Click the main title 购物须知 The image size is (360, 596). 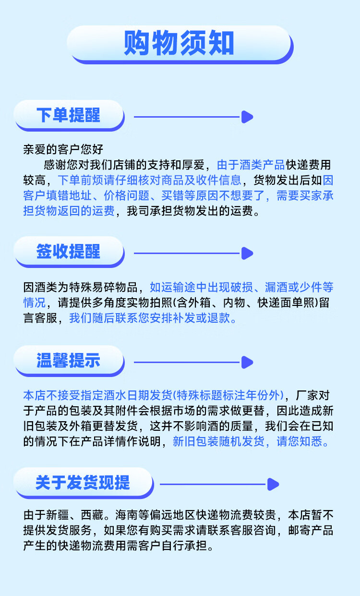click(179, 43)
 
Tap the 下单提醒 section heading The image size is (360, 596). click(68, 115)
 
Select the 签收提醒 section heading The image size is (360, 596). click(68, 251)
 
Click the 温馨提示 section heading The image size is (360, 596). click(68, 360)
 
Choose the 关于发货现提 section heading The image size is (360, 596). click(83, 483)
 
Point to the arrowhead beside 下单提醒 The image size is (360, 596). click(247, 117)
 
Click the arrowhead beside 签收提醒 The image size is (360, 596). click(247, 253)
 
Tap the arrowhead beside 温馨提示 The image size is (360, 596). click(247, 362)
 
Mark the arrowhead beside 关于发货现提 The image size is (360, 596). click(273, 484)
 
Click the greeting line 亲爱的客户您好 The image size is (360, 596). click(63, 149)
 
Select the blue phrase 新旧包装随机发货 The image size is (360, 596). click(218, 441)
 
